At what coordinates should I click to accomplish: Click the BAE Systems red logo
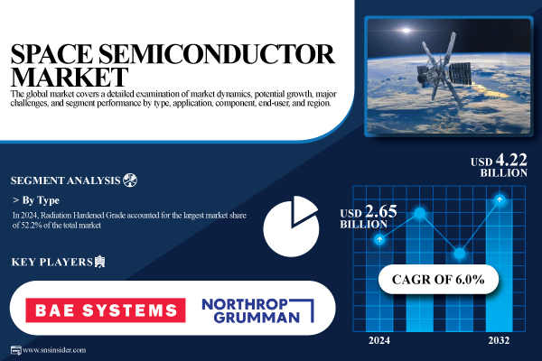(106, 310)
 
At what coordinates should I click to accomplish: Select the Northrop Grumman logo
(257, 310)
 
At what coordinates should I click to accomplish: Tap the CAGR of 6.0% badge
(438, 279)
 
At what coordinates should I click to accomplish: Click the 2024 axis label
(379, 340)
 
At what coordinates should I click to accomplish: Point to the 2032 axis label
(499, 340)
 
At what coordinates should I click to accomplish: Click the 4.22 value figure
(511, 161)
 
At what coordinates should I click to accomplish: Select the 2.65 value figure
(381, 211)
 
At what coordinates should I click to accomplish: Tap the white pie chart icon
(291, 227)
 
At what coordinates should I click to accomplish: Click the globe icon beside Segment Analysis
(130, 180)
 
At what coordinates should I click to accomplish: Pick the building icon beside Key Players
(99, 262)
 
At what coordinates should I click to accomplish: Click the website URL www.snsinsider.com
(54, 350)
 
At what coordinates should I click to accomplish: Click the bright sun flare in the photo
(406, 31)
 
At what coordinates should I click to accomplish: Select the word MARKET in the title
(70, 77)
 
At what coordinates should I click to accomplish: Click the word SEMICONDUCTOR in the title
(217, 54)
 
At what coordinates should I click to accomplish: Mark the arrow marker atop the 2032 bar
(500, 199)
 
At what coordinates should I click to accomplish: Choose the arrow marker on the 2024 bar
(379, 239)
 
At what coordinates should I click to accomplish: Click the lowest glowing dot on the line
(460, 254)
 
